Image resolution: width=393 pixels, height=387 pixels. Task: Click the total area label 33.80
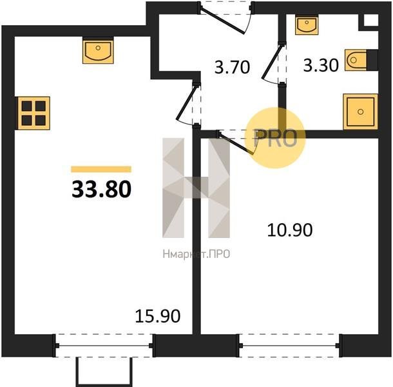[102, 190]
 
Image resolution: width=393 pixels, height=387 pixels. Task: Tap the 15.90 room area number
[158, 316]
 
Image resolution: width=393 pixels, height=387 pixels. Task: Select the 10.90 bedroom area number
[290, 230]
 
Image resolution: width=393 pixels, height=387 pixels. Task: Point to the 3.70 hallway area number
[233, 67]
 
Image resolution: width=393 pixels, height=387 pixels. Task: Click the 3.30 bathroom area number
[321, 66]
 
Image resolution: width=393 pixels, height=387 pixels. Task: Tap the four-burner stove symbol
[34, 113]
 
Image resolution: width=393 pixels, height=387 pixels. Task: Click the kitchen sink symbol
[98, 50]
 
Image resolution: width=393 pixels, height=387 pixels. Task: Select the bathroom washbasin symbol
[307, 25]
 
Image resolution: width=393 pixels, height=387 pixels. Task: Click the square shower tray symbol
[360, 112]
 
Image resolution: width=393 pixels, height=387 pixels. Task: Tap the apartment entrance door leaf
[222, 21]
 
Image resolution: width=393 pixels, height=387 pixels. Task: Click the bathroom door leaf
[272, 61]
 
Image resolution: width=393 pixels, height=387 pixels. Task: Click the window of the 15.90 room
[104, 346]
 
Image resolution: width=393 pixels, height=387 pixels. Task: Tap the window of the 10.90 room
[290, 346]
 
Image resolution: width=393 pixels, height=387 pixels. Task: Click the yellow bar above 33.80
[101, 169]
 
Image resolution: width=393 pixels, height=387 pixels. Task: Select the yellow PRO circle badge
[275, 138]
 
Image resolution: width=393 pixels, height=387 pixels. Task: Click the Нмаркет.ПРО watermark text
[196, 254]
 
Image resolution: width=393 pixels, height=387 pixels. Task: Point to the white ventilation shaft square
[370, 20]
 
